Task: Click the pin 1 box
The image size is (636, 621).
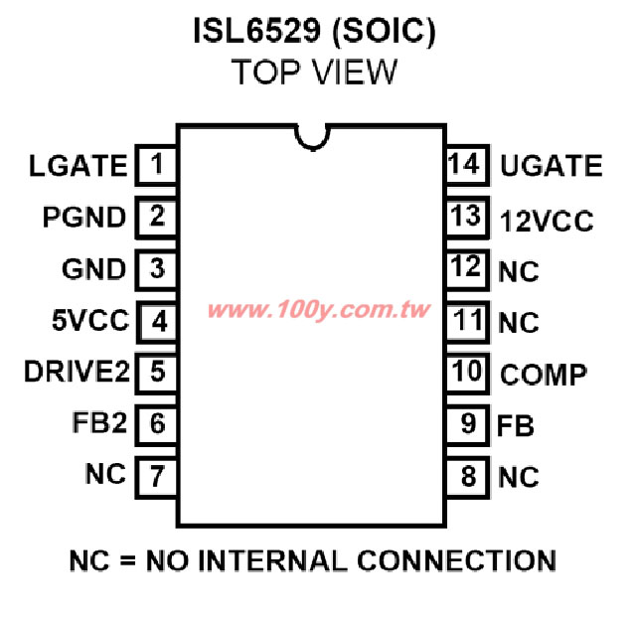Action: (156, 165)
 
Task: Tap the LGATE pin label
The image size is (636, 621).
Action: (79, 166)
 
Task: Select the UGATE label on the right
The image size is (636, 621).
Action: (552, 166)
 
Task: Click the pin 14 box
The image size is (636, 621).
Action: (468, 165)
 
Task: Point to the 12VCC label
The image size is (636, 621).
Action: (547, 222)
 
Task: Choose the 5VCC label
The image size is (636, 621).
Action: (90, 320)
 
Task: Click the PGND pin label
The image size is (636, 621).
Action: (84, 217)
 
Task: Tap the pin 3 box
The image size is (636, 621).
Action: (156, 269)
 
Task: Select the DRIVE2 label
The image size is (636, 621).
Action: (77, 372)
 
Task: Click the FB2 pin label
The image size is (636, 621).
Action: (99, 422)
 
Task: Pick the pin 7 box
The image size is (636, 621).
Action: (156, 477)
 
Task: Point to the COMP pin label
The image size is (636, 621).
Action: (544, 375)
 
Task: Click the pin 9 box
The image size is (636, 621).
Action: (468, 425)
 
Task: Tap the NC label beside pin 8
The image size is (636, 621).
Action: (519, 477)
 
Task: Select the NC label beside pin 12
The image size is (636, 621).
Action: (519, 271)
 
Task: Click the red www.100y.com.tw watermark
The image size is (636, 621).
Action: (318, 310)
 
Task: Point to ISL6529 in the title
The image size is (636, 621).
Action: (256, 31)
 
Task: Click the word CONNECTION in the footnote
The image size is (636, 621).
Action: (456, 561)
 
